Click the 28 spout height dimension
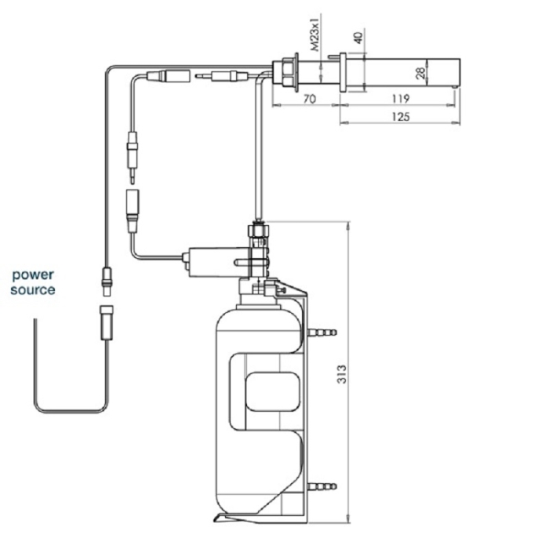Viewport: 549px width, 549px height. tap(421, 74)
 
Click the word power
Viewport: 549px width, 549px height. tap(32, 275)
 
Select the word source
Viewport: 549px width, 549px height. tap(32, 289)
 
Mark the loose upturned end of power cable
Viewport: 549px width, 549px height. tap(34, 323)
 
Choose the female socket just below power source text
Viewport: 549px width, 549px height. tap(104, 322)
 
